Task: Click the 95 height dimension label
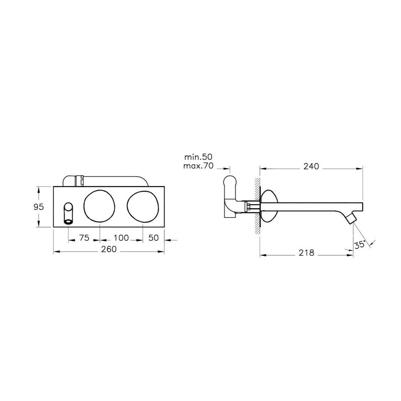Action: [38, 207]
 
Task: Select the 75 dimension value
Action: [84, 238]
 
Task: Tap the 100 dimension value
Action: [121, 238]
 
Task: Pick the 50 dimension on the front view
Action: [153, 238]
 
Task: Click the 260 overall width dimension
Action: [109, 249]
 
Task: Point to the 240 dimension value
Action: [311, 167]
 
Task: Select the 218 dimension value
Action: [306, 253]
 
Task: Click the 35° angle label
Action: [359, 245]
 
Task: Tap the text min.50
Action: [198, 157]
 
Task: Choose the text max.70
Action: [198, 166]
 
